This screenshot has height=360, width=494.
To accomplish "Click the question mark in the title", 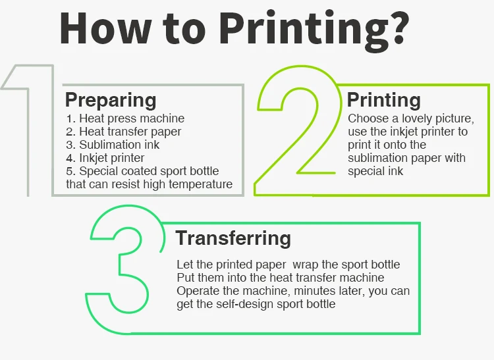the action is (398, 28).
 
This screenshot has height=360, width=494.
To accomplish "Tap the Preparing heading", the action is (111, 100).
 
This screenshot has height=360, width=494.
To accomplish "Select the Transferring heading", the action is (233, 238).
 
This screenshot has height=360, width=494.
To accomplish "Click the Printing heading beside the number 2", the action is (384, 100).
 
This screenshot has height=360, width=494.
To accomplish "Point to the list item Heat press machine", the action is (125, 118).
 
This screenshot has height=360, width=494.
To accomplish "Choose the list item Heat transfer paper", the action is (124, 132).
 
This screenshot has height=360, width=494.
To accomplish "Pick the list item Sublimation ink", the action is (113, 145).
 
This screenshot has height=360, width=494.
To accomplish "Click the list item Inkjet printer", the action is (105, 158).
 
